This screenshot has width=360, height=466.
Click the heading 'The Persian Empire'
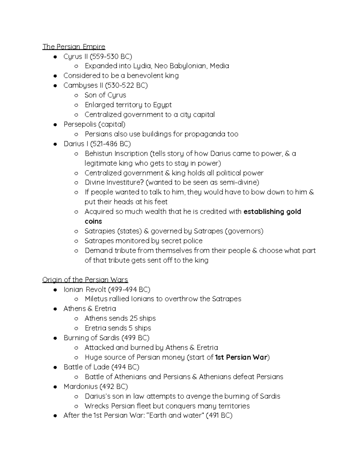(x=74, y=47)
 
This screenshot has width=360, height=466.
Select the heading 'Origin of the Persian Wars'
(x=85, y=280)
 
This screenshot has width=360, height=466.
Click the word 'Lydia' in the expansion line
(x=142, y=66)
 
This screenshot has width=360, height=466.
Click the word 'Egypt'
(x=162, y=105)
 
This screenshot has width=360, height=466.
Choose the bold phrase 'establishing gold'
(x=272, y=212)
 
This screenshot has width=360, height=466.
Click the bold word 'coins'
(x=93, y=221)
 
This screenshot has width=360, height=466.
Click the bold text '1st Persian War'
(x=241, y=357)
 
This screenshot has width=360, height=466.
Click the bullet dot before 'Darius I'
(x=55, y=144)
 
